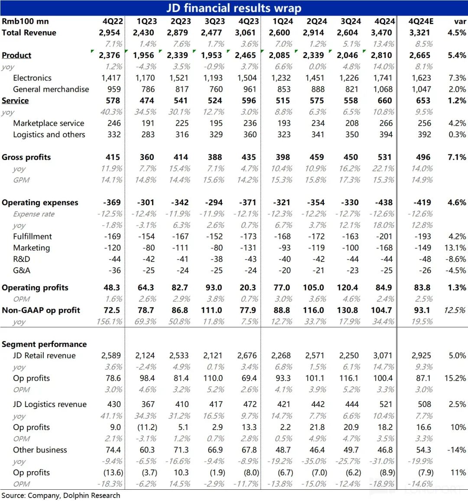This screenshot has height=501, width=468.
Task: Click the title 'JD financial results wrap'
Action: pos(234,8)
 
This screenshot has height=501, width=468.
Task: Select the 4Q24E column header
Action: pos(421,21)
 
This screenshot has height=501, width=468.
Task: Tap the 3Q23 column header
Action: pos(214,21)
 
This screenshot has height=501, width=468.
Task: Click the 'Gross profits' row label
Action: pos(26,157)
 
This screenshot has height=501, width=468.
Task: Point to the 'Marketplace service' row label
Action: pos(49,123)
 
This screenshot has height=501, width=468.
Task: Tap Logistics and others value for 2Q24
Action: pos(318,135)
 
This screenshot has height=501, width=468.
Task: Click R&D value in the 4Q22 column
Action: pos(114,259)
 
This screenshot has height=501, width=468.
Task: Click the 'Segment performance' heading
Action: pos(44,344)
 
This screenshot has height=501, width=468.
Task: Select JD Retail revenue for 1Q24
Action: pos(281,356)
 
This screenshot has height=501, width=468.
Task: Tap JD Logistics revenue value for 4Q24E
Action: pos(424,404)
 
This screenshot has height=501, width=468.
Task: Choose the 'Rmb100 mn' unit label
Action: pos(25,21)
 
